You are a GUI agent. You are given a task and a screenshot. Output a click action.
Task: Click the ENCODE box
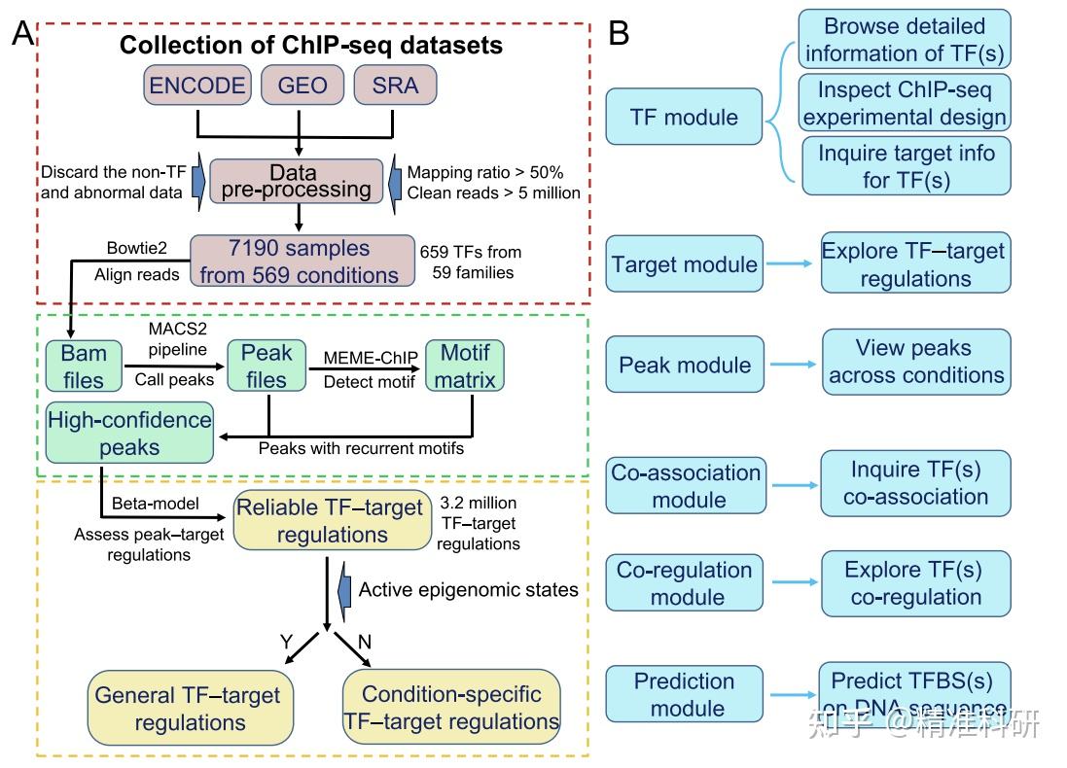197,86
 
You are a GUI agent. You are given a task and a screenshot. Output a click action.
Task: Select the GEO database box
302,86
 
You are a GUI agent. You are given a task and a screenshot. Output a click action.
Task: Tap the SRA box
395,86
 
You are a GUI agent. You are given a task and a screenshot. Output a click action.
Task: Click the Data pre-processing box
296,181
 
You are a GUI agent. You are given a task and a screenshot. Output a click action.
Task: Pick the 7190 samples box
299,262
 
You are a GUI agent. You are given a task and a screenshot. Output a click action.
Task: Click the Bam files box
84,365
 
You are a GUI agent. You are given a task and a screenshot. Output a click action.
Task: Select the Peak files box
267,365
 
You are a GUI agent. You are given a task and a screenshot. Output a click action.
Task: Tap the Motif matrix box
464,365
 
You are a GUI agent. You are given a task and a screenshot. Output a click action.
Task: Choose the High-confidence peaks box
129,434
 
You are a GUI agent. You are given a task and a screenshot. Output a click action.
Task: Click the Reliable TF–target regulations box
332,520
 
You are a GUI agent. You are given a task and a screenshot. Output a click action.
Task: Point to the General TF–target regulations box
190,709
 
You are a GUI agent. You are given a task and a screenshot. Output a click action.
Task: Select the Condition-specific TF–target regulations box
451,708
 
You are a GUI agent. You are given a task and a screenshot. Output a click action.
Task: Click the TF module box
683,118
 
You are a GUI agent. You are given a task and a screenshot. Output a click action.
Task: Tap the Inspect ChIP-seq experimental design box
904,103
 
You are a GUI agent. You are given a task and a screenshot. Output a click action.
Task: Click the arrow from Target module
791,263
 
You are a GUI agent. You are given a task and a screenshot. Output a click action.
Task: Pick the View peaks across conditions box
916,361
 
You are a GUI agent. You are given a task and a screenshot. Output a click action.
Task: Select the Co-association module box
686,485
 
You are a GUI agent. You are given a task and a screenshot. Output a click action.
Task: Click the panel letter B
620,34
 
